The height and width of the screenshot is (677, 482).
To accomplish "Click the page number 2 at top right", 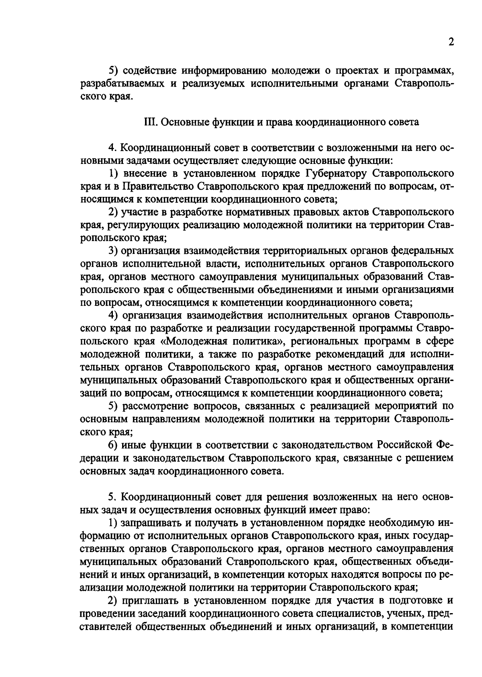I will click(451, 43).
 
